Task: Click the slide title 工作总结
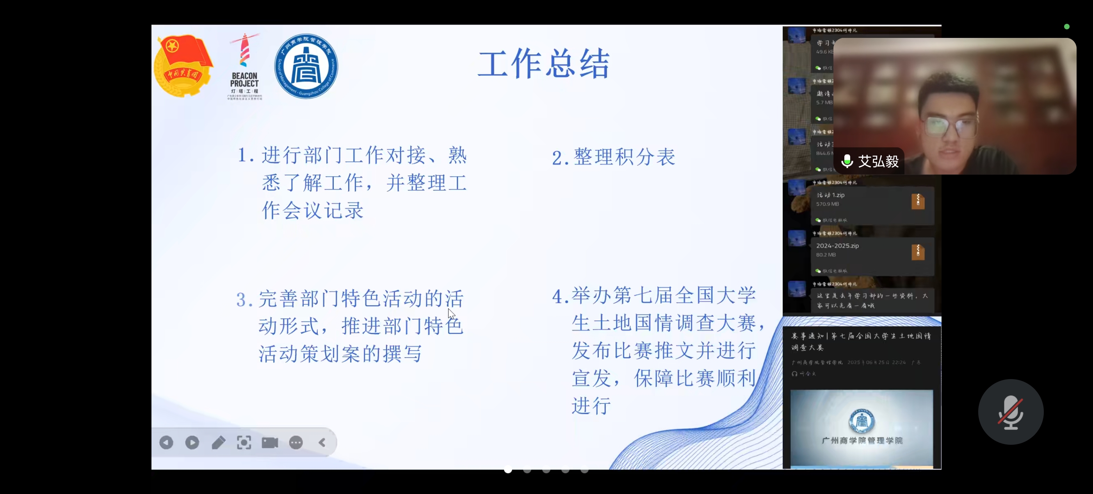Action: pyautogui.click(x=543, y=64)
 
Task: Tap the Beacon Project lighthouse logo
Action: pyautogui.click(x=244, y=66)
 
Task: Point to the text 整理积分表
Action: pyautogui.click(x=624, y=157)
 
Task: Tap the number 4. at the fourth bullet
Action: pyautogui.click(x=560, y=297)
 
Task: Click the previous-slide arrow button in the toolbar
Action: pyautogui.click(x=166, y=442)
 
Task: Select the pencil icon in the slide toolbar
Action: pyautogui.click(x=219, y=442)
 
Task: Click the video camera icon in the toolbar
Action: pyautogui.click(x=270, y=442)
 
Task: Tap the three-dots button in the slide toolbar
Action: pyautogui.click(x=296, y=442)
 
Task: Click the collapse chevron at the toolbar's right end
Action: pyautogui.click(x=322, y=442)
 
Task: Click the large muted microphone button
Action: pyautogui.click(x=1011, y=412)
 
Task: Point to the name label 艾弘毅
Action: pyautogui.click(x=878, y=161)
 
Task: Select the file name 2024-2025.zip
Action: pyautogui.click(x=837, y=246)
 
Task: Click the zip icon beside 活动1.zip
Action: pyautogui.click(x=918, y=201)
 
